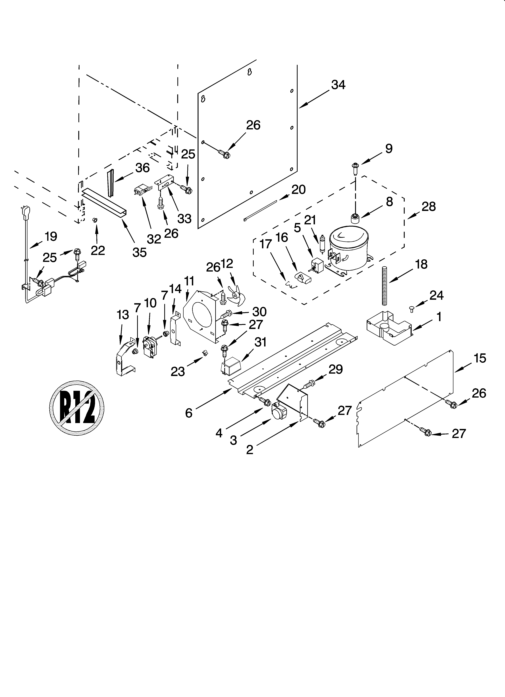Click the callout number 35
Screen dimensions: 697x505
pos(139,252)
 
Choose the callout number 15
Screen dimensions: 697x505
pos(480,358)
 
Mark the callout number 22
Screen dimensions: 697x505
pos(98,250)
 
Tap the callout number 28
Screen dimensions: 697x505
pos(428,207)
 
